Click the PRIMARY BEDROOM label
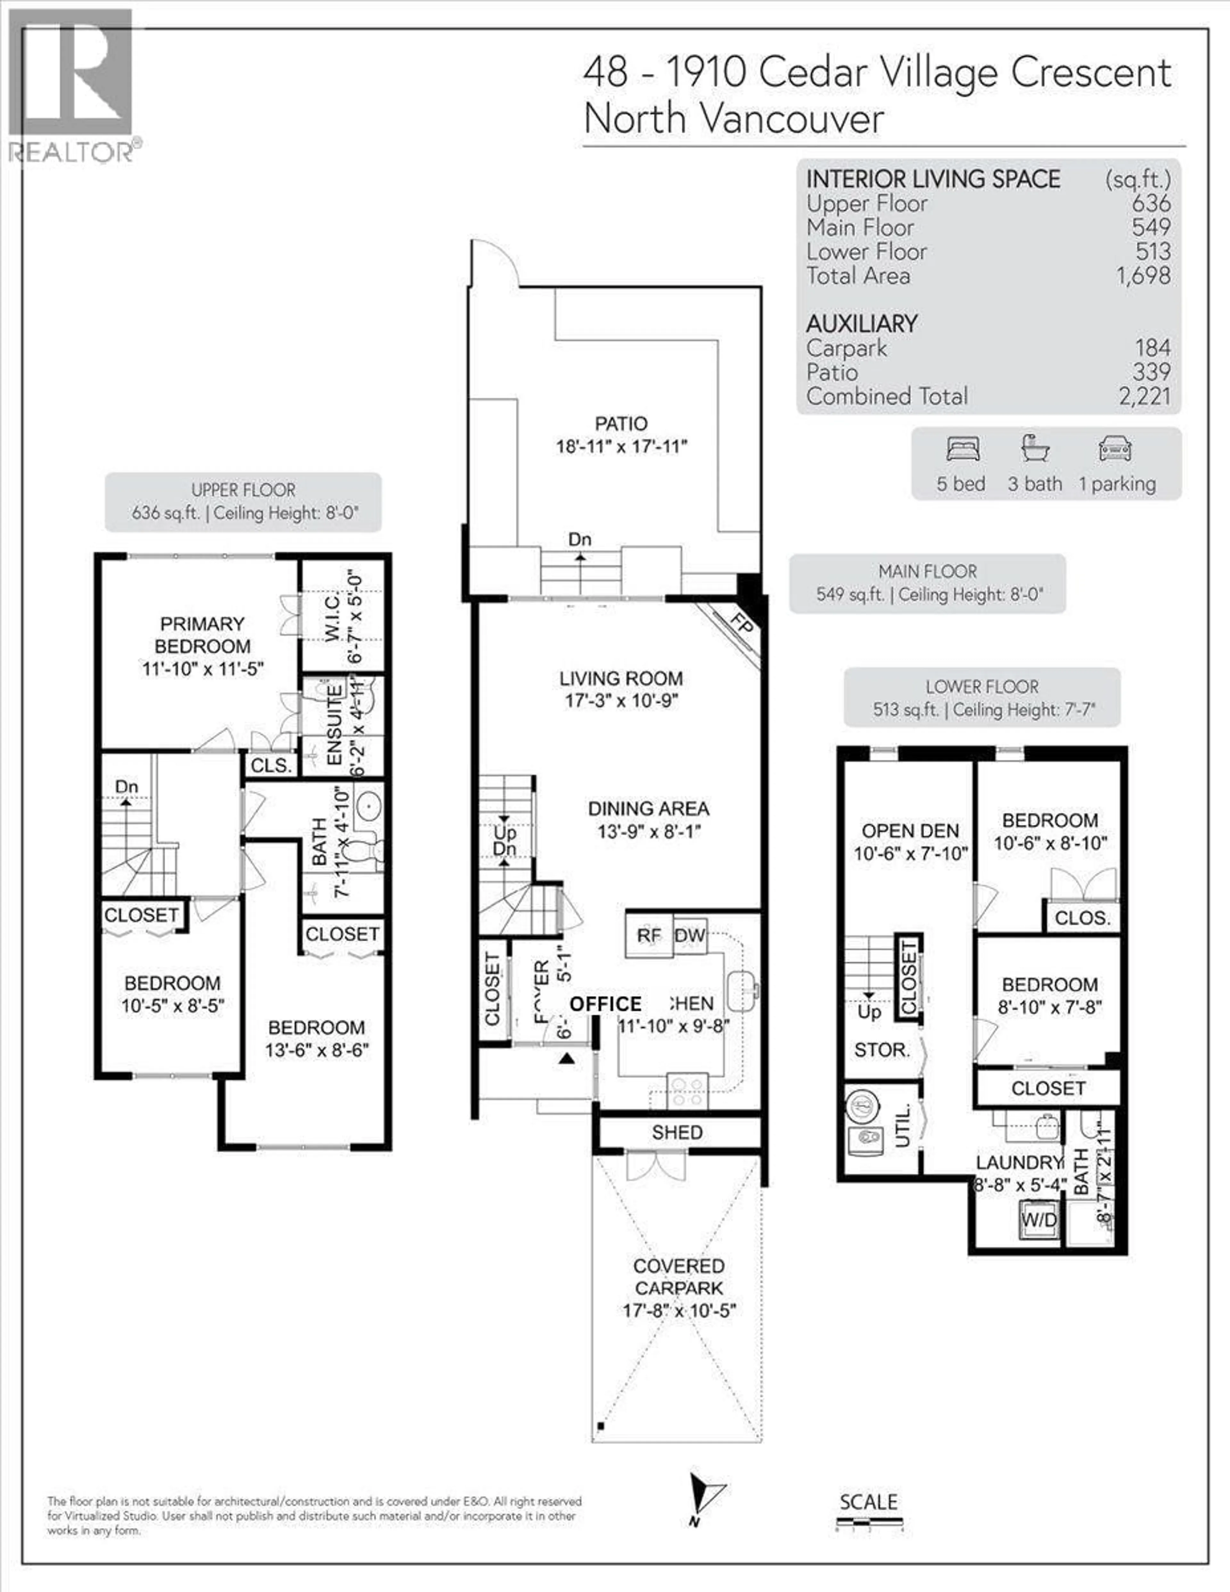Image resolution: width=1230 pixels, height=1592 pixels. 202,635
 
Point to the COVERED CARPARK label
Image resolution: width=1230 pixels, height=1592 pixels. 678,1277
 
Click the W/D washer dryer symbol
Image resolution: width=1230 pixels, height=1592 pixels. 1038,1220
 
